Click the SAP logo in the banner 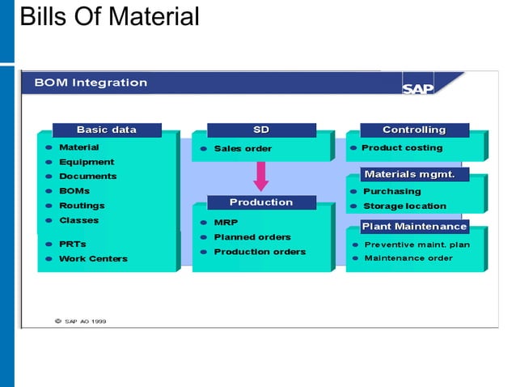(x=418, y=87)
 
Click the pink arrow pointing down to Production (x=261, y=176)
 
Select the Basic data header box (x=107, y=130)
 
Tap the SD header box (x=261, y=130)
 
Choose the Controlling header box (x=414, y=130)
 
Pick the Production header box (x=261, y=202)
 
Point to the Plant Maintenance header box (x=414, y=226)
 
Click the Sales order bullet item (x=243, y=149)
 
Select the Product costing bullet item (x=402, y=148)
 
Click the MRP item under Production (x=226, y=222)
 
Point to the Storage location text (x=404, y=206)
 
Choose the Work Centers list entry (x=93, y=259)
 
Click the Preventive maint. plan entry (x=417, y=245)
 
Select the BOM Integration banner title (x=91, y=83)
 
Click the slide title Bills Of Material (x=108, y=16)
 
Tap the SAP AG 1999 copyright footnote (x=80, y=321)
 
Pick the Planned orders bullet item (x=252, y=237)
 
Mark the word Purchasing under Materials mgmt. (x=391, y=192)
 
